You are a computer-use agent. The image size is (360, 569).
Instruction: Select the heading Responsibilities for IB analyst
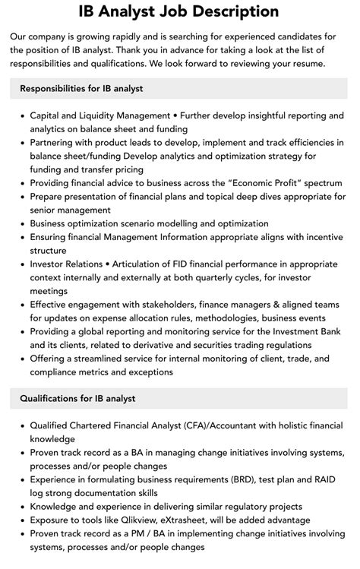[81, 89]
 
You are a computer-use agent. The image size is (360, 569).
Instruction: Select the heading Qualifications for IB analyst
[77, 398]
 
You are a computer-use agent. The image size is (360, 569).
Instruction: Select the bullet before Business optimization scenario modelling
[21, 224]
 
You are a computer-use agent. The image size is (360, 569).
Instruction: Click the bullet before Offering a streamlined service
[21, 359]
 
